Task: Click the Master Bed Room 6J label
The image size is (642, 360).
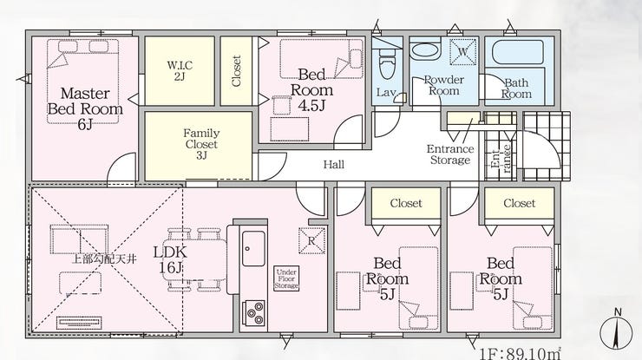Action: point(85,108)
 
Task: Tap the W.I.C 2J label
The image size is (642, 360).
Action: point(180,70)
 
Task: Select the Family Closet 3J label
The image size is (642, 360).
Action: point(201,144)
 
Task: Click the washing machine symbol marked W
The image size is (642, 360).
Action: point(462,51)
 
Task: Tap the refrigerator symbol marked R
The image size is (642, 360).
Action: point(311,241)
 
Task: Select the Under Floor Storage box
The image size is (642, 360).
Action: point(286,279)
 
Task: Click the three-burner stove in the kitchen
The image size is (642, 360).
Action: point(254,312)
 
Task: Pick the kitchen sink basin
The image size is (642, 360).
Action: point(253,249)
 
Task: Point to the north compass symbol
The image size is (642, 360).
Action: point(615,331)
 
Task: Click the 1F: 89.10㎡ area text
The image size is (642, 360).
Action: point(520,353)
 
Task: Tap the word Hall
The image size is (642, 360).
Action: point(334,165)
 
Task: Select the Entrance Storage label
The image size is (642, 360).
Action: point(450,154)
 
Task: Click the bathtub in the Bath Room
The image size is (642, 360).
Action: point(518,52)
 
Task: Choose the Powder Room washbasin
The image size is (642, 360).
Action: point(425,51)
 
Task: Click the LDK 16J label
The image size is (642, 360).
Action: point(170,259)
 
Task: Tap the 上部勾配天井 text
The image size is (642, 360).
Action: point(103,259)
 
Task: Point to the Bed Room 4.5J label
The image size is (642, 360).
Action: point(311,90)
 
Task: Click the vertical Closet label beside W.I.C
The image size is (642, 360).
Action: point(236,71)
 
